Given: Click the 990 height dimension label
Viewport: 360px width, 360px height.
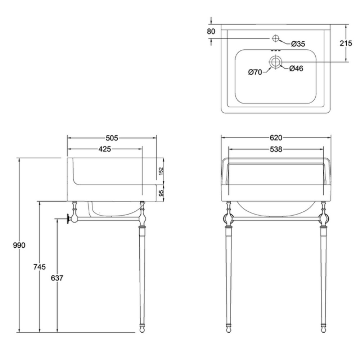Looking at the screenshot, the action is (19, 246).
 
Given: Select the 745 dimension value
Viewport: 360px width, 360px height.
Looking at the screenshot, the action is (40, 267).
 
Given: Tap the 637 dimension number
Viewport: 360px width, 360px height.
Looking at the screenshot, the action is (57, 278).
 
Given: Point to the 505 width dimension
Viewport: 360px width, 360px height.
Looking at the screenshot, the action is (112, 138).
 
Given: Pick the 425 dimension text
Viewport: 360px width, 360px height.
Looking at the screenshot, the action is (105, 149).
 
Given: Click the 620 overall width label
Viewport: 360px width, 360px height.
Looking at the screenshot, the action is (276, 138).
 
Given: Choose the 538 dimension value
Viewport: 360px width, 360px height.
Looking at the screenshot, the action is (276, 149).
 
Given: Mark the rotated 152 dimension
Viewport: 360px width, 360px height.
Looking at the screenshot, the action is (161, 171).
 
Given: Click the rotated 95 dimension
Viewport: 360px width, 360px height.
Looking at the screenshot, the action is (161, 193).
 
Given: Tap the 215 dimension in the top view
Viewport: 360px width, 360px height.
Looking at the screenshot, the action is (346, 43).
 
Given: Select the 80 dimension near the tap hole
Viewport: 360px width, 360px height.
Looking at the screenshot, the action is (211, 31).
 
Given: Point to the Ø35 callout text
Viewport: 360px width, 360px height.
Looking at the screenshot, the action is (298, 44).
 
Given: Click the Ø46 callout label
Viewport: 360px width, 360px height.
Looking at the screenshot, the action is (296, 68).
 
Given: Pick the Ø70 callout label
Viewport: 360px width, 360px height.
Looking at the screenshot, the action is (255, 72).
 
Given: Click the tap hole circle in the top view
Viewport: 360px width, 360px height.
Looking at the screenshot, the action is (275, 39).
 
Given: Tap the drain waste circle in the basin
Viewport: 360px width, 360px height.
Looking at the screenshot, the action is (275, 62).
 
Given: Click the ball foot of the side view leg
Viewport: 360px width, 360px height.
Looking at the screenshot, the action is (142, 330).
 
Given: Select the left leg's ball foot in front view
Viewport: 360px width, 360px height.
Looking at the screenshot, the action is (229, 330).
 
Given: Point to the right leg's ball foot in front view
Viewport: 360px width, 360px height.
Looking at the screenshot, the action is (324, 330).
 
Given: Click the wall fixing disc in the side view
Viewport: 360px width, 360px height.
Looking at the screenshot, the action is (68, 219).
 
